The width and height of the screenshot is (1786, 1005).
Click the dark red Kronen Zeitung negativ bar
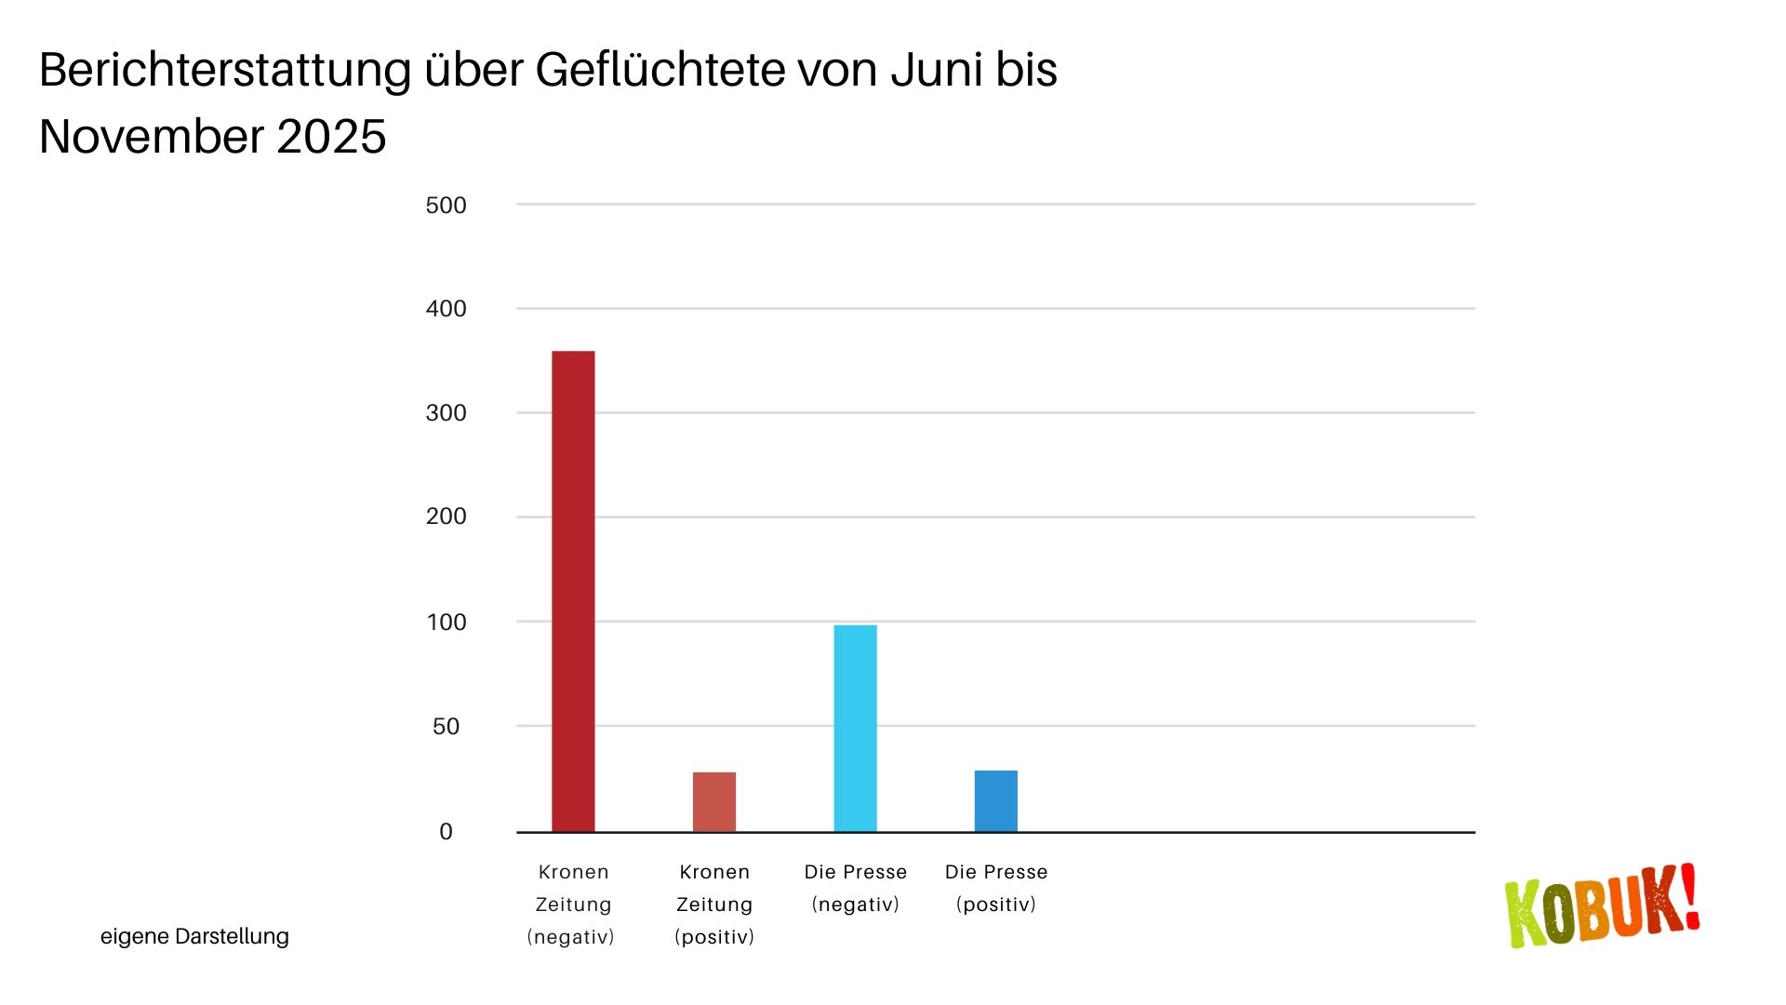[573, 591]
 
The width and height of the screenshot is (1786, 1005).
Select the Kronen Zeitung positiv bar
[714, 802]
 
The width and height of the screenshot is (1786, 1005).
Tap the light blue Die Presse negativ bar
[855, 728]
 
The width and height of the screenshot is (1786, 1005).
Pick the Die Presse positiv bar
[996, 801]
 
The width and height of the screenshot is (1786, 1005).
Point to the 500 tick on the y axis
[446, 206]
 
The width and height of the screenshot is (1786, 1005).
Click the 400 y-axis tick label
[446, 309]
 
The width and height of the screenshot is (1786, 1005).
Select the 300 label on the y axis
[446, 413]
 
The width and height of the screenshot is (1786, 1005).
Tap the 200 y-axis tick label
[446, 516]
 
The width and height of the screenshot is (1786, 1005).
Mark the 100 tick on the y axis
[446, 623]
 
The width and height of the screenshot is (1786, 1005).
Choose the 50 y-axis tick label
[446, 727]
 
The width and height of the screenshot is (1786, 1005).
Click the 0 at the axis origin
[446, 832]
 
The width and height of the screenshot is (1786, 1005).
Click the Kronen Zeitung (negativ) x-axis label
[572, 904]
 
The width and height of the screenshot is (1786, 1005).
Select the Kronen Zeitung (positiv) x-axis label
[714, 904]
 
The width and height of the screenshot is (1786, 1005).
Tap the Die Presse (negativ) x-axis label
[855, 888]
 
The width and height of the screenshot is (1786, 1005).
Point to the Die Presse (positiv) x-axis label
[996, 888]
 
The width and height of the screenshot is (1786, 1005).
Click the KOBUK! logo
[1602, 906]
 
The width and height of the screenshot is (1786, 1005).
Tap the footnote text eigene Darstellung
[194, 936]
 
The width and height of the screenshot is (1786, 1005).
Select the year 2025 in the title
[331, 138]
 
